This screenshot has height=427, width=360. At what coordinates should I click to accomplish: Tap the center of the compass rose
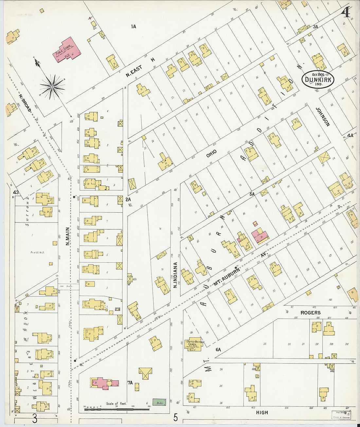coord(52,87)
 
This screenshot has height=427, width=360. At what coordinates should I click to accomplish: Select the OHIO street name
coord(211,153)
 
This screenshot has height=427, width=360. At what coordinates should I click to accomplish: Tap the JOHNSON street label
coord(322,117)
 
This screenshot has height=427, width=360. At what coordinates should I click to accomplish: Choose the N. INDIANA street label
coord(175,275)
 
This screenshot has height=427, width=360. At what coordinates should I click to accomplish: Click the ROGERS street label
coord(311,313)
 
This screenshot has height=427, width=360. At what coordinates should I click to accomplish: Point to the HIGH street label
coord(262,413)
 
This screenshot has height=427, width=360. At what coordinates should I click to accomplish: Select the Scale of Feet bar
coord(117,409)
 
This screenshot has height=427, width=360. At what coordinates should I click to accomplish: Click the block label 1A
coord(133,27)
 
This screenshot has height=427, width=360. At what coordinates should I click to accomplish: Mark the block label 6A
coord(218,349)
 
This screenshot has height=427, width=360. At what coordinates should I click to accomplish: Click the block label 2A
coord(128,199)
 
